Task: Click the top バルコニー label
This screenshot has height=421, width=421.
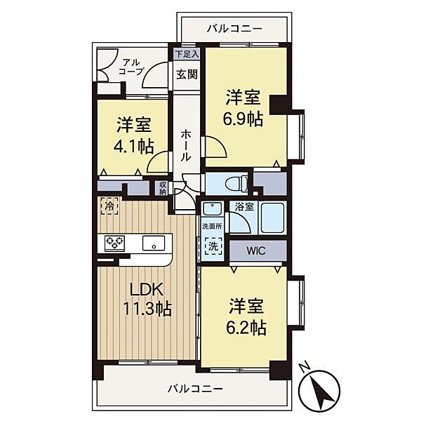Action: (x=234, y=29)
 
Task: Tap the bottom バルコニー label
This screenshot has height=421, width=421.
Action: (x=195, y=388)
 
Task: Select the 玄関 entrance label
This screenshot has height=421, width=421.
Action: (x=187, y=75)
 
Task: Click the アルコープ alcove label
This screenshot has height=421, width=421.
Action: (x=131, y=66)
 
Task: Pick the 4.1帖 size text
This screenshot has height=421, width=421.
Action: (x=135, y=147)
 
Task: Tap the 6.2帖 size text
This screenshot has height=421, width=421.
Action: (x=246, y=328)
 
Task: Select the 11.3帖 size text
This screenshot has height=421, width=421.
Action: (x=149, y=309)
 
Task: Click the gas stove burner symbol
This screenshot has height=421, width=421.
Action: (x=114, y=243)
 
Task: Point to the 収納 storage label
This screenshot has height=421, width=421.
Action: (x=163, y=188)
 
